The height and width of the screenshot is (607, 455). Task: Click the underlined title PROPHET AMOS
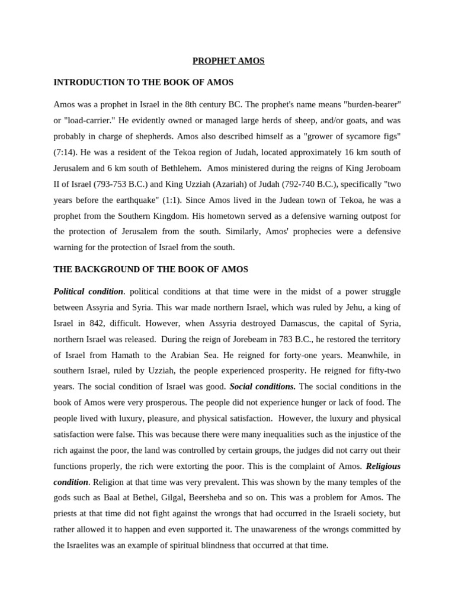pyautogui.click(x=228, y=60)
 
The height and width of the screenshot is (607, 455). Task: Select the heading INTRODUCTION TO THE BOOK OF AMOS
pyautogui.click(x=143, y=82)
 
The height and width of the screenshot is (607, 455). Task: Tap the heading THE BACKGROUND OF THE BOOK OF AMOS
pyautogui.click(x=150, y=269)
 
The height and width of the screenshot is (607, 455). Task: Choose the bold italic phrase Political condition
pyautogui.click(x=88, y=291)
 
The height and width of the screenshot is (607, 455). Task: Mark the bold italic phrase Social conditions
pyautogui.click(x=262, y=386)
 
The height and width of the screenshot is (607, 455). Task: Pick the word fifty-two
pyautogui.click(x=383, y=370)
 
